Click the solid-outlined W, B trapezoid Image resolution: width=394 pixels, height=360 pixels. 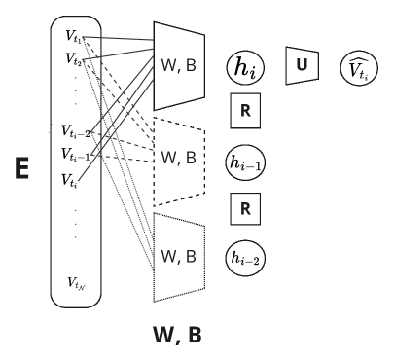180,64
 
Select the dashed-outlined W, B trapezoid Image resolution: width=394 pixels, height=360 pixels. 180,156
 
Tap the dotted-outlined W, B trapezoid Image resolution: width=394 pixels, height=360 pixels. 180,257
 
